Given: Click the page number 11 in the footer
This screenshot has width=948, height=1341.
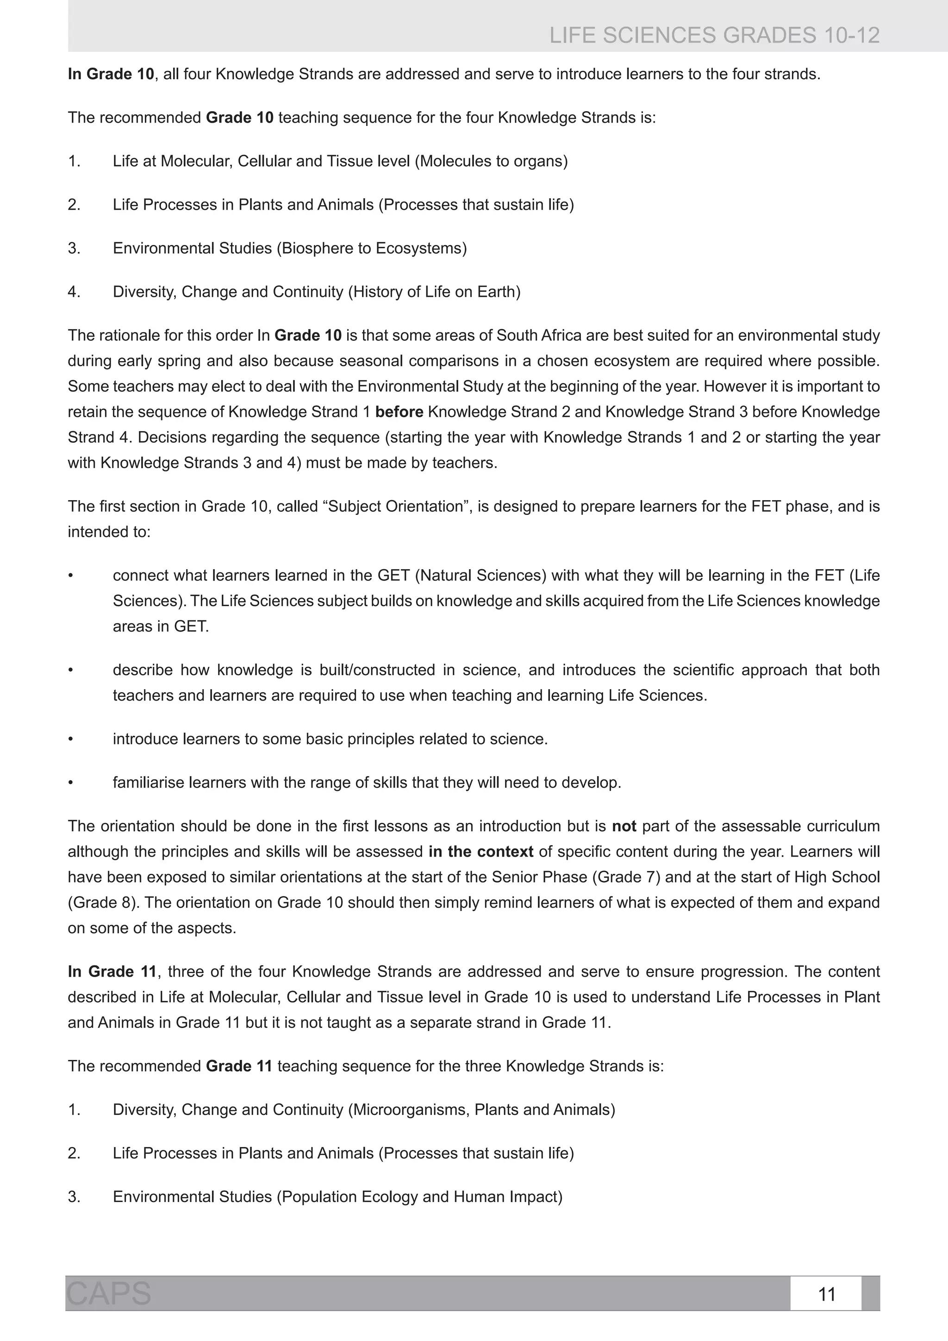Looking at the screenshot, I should point(827,1294).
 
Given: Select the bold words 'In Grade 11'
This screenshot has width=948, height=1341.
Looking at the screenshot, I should point(112,971).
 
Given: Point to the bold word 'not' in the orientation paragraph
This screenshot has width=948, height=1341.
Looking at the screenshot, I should point(624,826).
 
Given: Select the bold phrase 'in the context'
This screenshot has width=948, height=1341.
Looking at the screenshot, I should point(480,852).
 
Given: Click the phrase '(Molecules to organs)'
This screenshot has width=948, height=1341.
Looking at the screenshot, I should point(491,161).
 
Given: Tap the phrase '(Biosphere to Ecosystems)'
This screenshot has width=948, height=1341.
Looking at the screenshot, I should point(371,248).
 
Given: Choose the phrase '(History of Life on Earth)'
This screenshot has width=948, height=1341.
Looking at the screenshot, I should point(434,291).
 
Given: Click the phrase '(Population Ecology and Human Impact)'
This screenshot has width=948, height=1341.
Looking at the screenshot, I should point(419,1197).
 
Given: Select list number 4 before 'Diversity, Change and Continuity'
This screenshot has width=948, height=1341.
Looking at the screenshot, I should point(74,291).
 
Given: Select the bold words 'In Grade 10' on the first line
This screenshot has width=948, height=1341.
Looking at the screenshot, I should point(111,74).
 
